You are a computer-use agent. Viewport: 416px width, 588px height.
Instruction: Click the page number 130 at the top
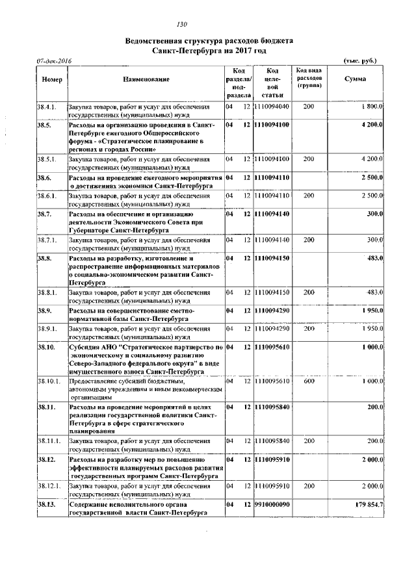(209, 25)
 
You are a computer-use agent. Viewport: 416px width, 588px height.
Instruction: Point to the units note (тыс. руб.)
(360, 60)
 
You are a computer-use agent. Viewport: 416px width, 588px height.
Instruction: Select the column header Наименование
(146, 79)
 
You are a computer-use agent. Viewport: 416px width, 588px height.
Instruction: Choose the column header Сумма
(355, 79)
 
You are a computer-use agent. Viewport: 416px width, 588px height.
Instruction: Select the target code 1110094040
(272, 106)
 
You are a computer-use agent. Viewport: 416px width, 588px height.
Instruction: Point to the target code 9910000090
(272, 504)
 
